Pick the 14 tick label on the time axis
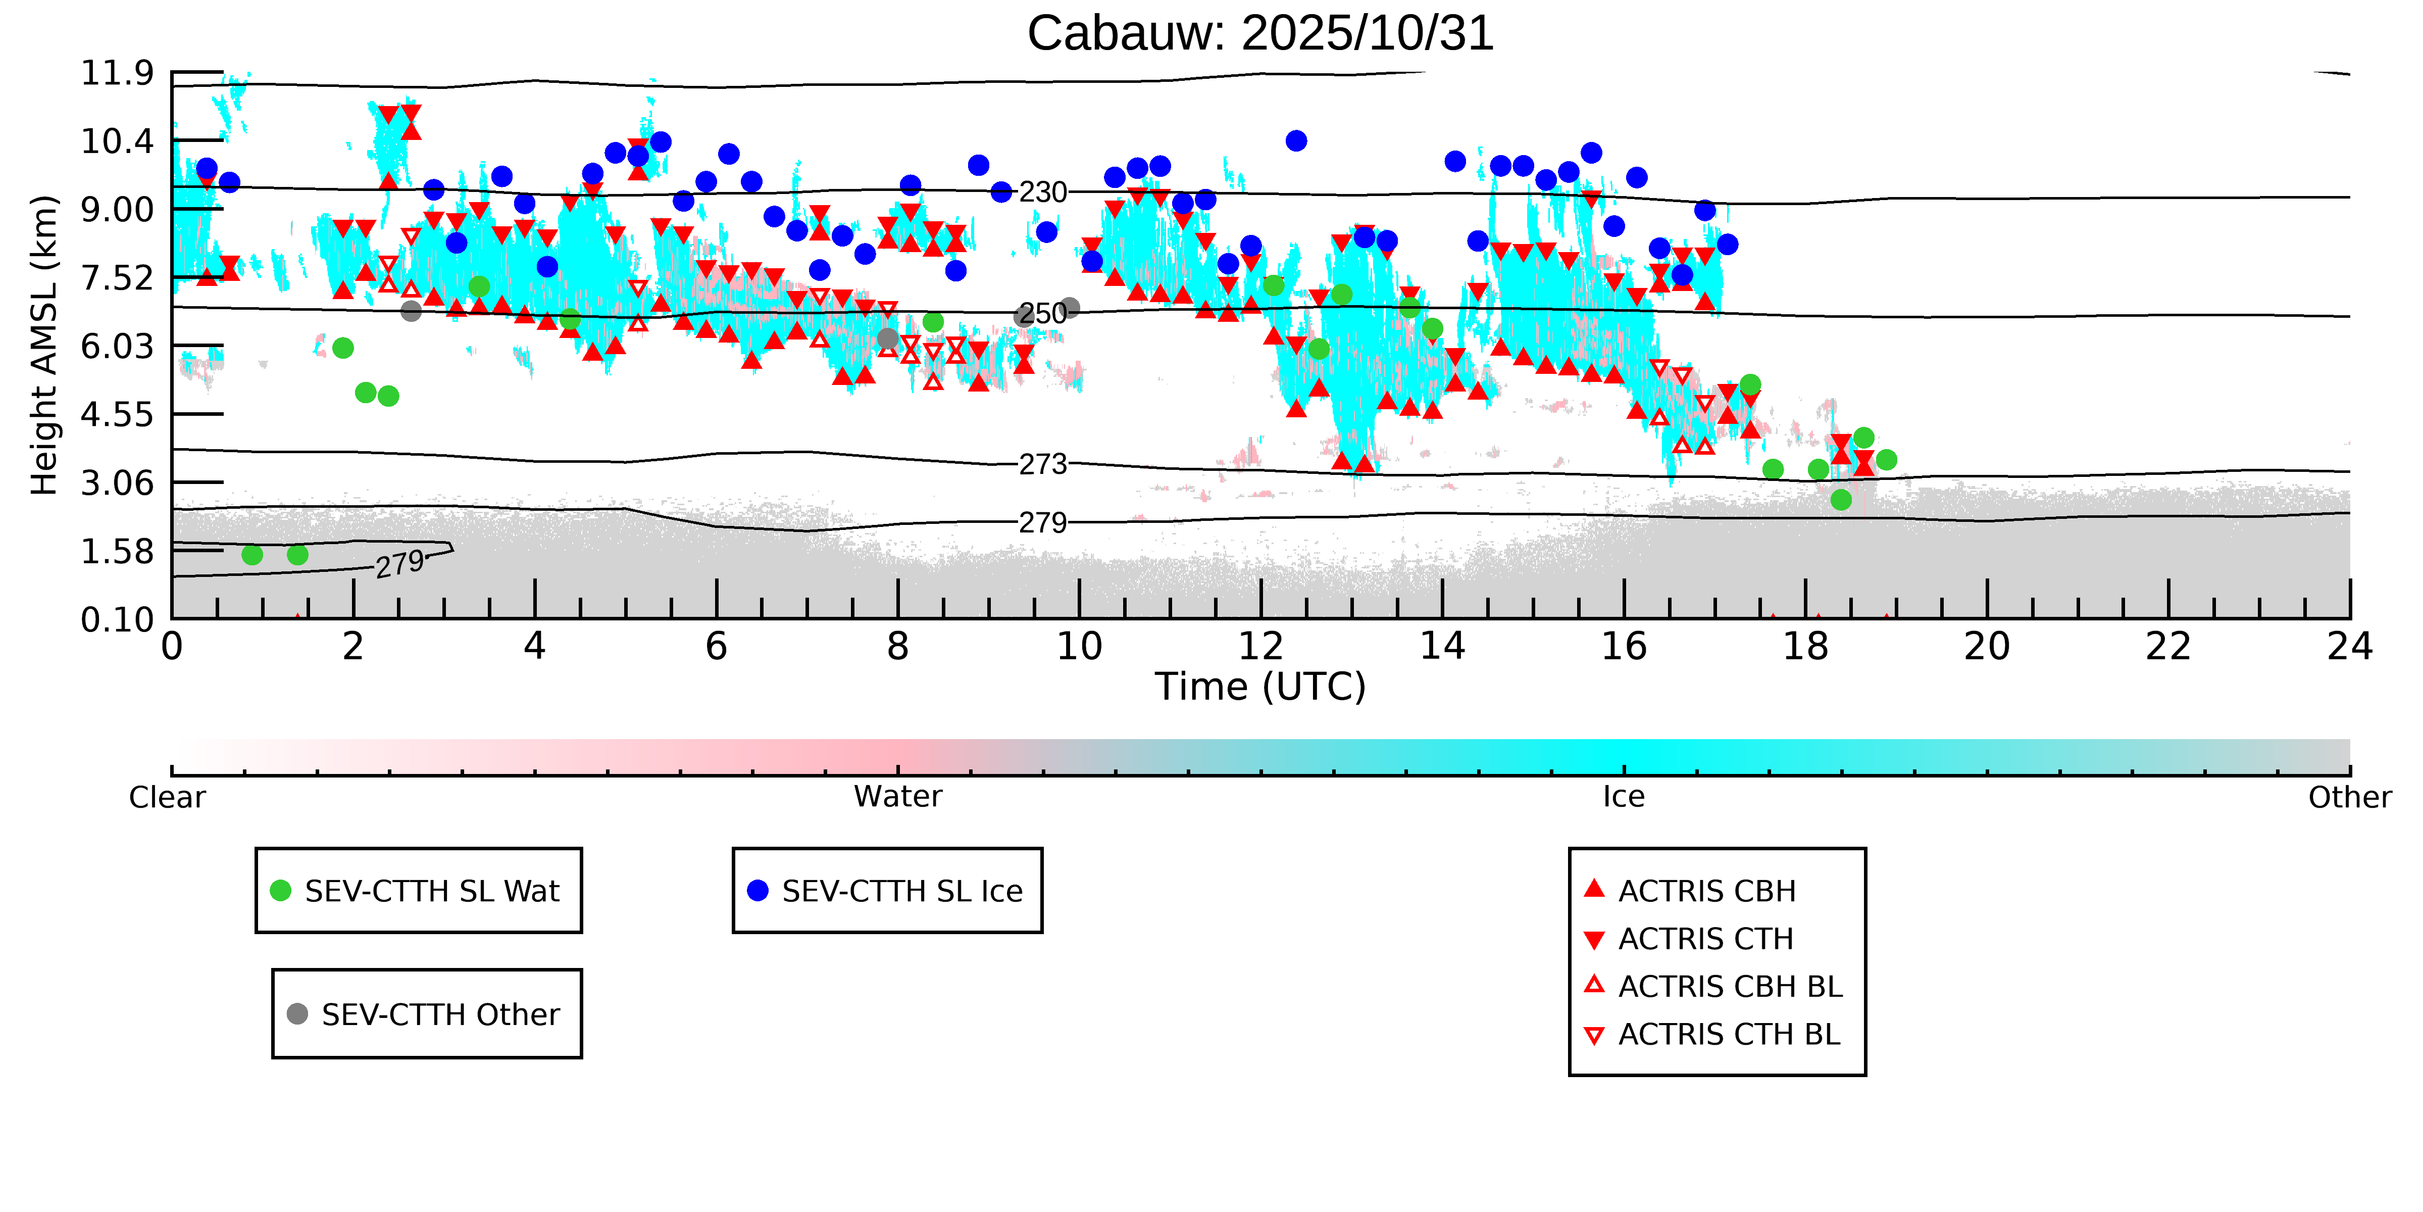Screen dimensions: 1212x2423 1442,647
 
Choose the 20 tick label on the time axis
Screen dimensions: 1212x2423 1987,647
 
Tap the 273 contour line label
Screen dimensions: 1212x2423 1043,464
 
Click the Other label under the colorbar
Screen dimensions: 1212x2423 2349,797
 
